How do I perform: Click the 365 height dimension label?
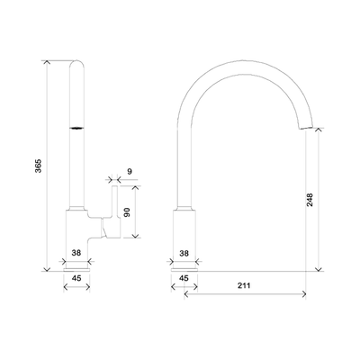tap(37, 166)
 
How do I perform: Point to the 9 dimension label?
tap(130, 170)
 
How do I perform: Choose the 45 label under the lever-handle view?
tap(76, 278)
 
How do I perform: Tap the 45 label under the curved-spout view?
tap(184, 278)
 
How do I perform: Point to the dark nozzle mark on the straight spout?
tap(77, 128)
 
